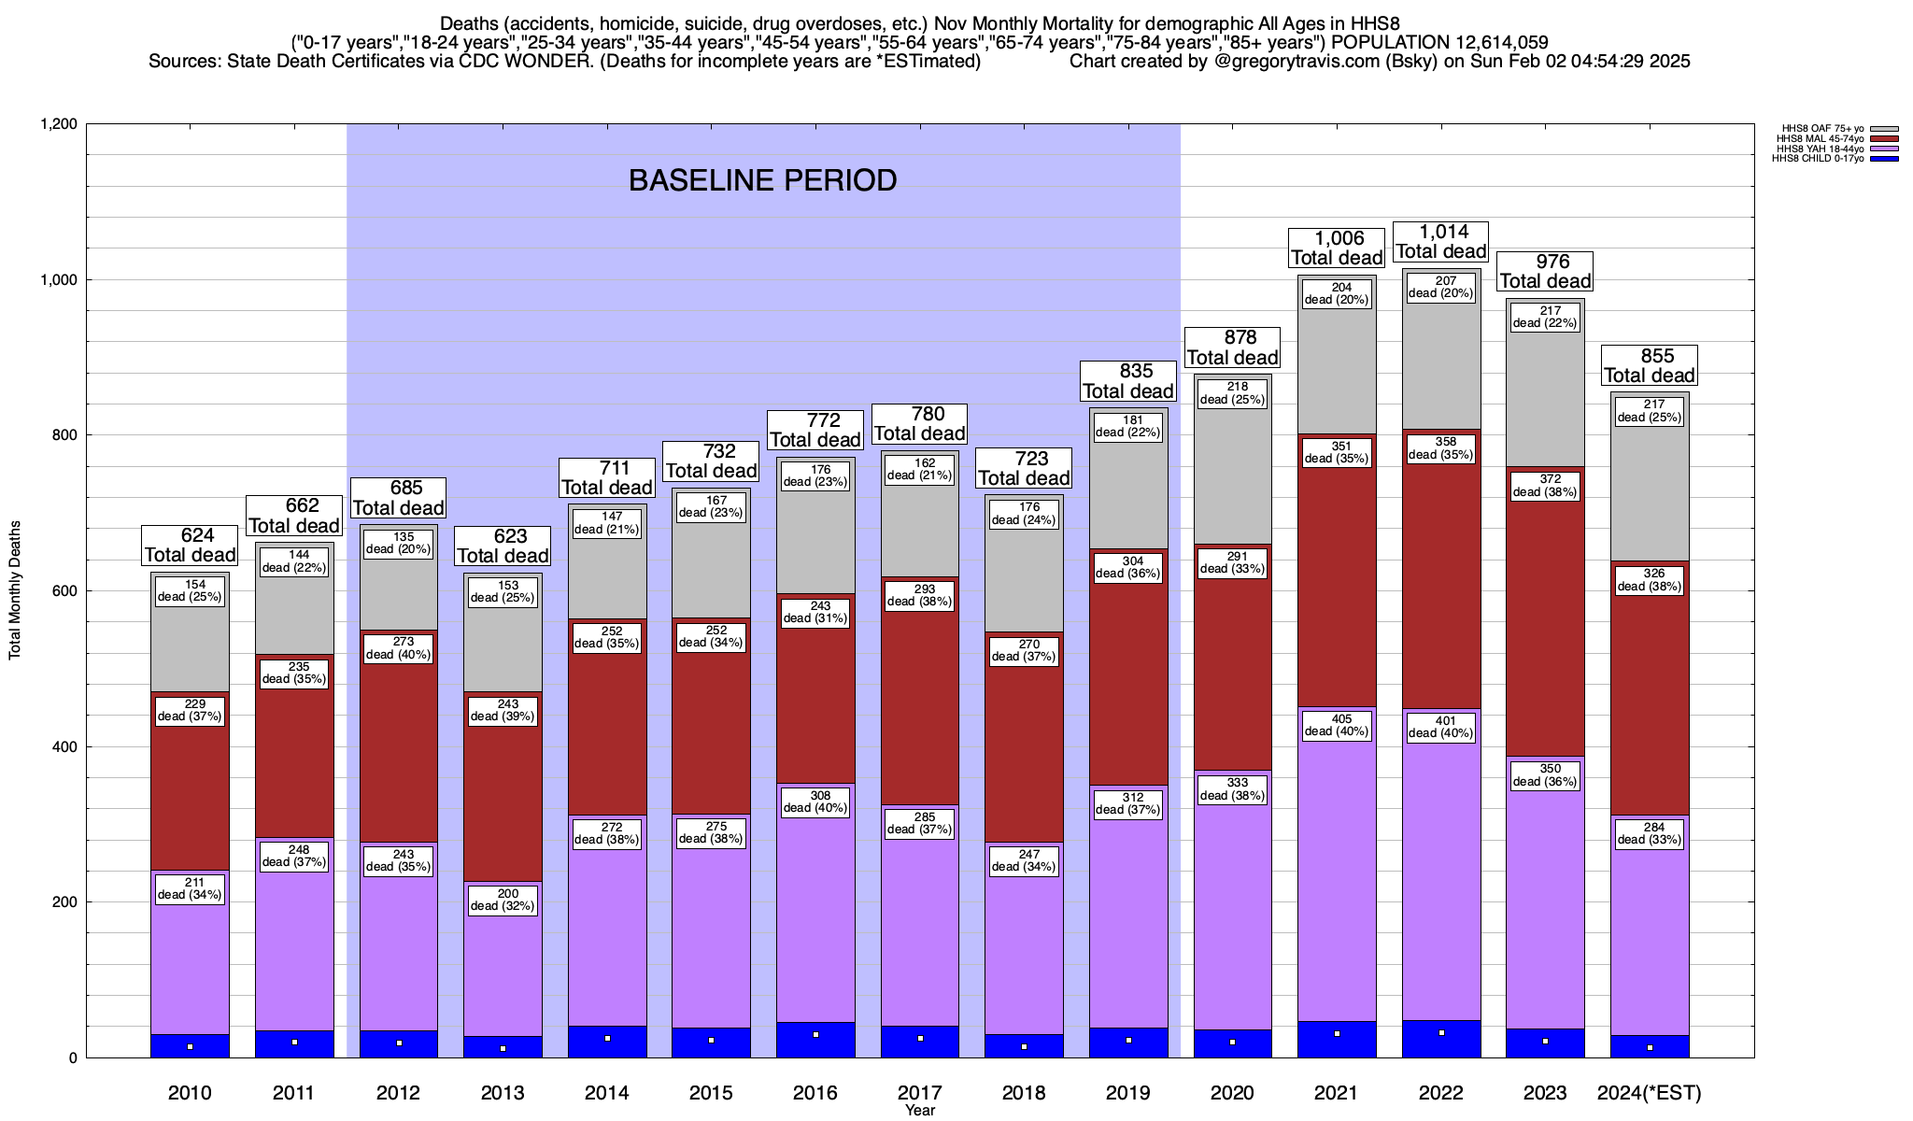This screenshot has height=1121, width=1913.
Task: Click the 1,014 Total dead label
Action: (1440, 242)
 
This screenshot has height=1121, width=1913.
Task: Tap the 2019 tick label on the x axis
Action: (1128, 1093)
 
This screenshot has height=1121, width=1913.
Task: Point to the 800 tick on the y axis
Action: (64, 435)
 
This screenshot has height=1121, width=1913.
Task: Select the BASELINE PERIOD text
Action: (762, 180)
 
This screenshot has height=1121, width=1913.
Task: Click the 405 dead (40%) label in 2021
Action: (1337, 725)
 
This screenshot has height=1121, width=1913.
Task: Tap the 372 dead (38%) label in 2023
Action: (1545, 486)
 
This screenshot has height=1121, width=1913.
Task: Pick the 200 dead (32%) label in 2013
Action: (503, 900)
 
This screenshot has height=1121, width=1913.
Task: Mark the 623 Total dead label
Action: (503, 546)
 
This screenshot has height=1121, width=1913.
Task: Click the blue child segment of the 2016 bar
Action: (815, 1040)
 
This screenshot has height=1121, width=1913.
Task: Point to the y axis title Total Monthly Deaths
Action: (15, 590)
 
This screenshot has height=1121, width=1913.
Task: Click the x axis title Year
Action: (920, 1111)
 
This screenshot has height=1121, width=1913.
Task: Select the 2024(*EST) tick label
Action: (1650, 1093)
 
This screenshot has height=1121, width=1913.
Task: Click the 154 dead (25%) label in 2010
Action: (190, 591)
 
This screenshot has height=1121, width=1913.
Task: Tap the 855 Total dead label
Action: (1650, 366)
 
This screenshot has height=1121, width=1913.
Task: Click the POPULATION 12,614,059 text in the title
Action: (1439, 43)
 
